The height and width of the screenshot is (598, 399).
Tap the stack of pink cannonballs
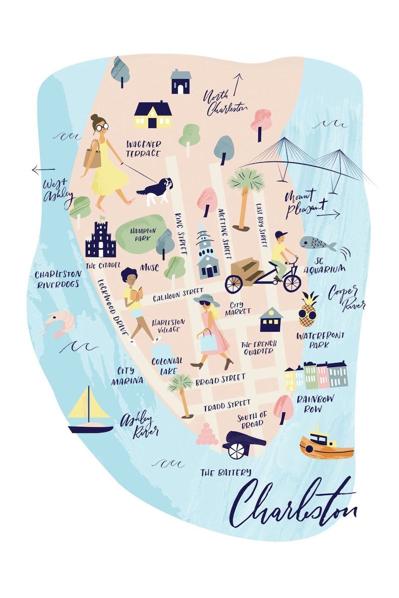(x=206, y=435)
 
